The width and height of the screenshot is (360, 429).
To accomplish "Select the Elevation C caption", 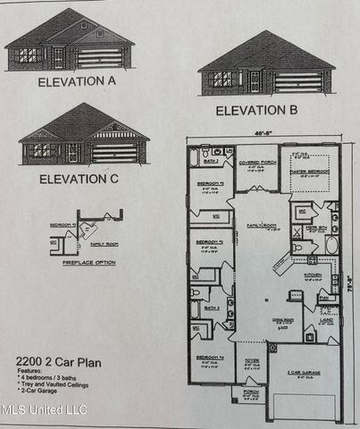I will tap(78, 178).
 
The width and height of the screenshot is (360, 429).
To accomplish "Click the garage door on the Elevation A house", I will tap(99, 58).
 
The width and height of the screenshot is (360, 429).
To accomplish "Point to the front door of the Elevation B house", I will tap(255, 80).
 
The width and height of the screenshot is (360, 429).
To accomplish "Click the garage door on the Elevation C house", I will tap(115, 152).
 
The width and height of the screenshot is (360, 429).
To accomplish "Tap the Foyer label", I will tap(251, 361).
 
